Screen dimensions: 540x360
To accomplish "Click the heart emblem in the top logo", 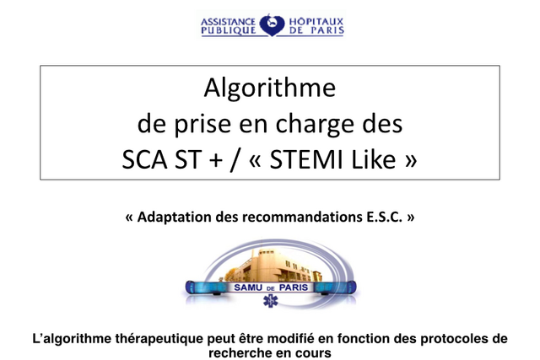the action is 272,24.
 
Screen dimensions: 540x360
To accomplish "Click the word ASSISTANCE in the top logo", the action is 228,22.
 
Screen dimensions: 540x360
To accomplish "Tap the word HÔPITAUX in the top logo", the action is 316,21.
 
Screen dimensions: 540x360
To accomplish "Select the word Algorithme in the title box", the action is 270,89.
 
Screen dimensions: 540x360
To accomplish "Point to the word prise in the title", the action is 202,125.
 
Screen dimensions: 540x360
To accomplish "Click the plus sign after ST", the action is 216,160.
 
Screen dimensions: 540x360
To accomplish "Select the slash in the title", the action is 235,160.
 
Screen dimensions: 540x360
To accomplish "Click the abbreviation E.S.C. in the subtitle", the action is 382,218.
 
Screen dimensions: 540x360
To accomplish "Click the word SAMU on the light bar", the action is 248,287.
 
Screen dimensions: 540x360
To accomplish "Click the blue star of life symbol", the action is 270,301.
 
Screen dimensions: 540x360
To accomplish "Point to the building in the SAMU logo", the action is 273,265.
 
